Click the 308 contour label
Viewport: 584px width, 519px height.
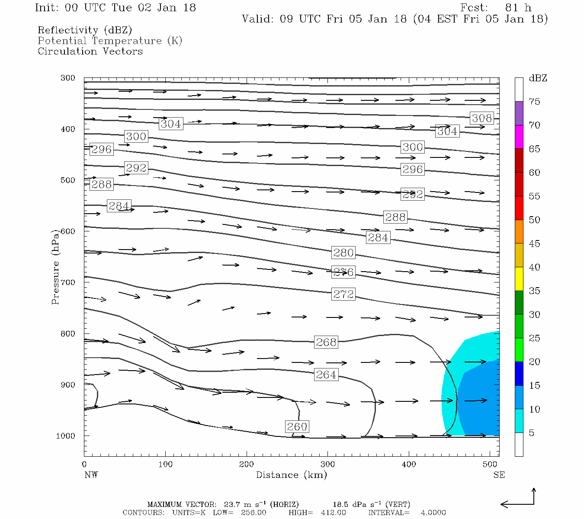[481, 118]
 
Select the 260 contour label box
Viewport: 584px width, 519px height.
[297, 427]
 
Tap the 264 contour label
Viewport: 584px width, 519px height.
[326, 375]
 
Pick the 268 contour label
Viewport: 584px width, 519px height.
[326, 342]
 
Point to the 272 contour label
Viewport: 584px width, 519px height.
[343, 295]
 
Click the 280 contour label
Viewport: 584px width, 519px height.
[343, 253]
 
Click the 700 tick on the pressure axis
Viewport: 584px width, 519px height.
[67, 282]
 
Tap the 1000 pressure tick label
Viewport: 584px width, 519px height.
[66, 436]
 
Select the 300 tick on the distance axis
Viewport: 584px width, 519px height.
[327, 465]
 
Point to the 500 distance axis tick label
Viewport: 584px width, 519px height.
[490, 465]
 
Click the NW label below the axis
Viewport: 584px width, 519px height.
[91, 475]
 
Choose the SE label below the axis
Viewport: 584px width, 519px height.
[499, 475]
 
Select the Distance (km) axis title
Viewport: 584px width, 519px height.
[291, 475]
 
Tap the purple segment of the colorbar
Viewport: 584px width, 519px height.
[519, 113]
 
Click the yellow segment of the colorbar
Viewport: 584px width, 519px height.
[519, 279]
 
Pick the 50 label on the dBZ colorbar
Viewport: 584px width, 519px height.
[534, 220]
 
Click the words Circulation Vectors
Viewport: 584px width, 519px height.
[90, 51]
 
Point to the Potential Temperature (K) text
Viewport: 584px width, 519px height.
[110, 41]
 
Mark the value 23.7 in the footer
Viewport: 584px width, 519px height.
[232, 504]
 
